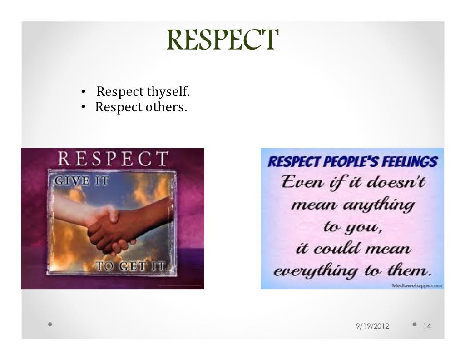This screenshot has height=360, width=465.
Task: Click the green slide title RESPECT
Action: tap(221, 40)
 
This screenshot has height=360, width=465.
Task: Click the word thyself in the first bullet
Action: tap(168, 92)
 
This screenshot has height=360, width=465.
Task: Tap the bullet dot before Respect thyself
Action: tap(83, 93)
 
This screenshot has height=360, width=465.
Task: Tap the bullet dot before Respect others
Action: tap(83, 109)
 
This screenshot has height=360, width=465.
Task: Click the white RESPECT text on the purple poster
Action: tap(113, 160)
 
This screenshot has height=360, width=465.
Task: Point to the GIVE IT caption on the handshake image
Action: tap(82, 181)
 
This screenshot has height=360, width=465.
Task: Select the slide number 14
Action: tap(427, 326)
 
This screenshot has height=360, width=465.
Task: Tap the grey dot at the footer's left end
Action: tap(49, 325)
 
